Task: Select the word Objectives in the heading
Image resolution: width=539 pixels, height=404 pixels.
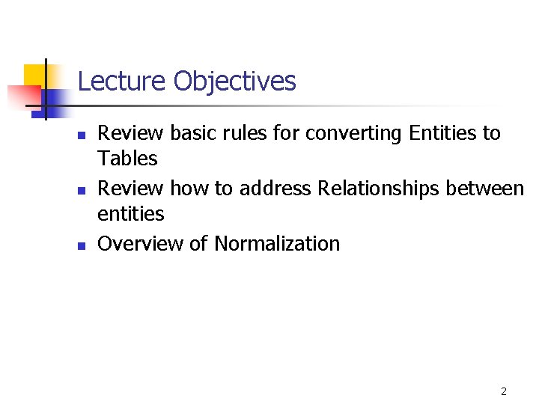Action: pos(235,82)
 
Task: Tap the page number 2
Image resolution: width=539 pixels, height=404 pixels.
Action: pos(504,391)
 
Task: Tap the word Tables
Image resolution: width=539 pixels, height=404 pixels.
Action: pos(127,159)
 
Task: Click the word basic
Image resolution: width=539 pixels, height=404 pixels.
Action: pos(191,133)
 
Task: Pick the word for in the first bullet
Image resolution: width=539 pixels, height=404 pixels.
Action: pos(289,133)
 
